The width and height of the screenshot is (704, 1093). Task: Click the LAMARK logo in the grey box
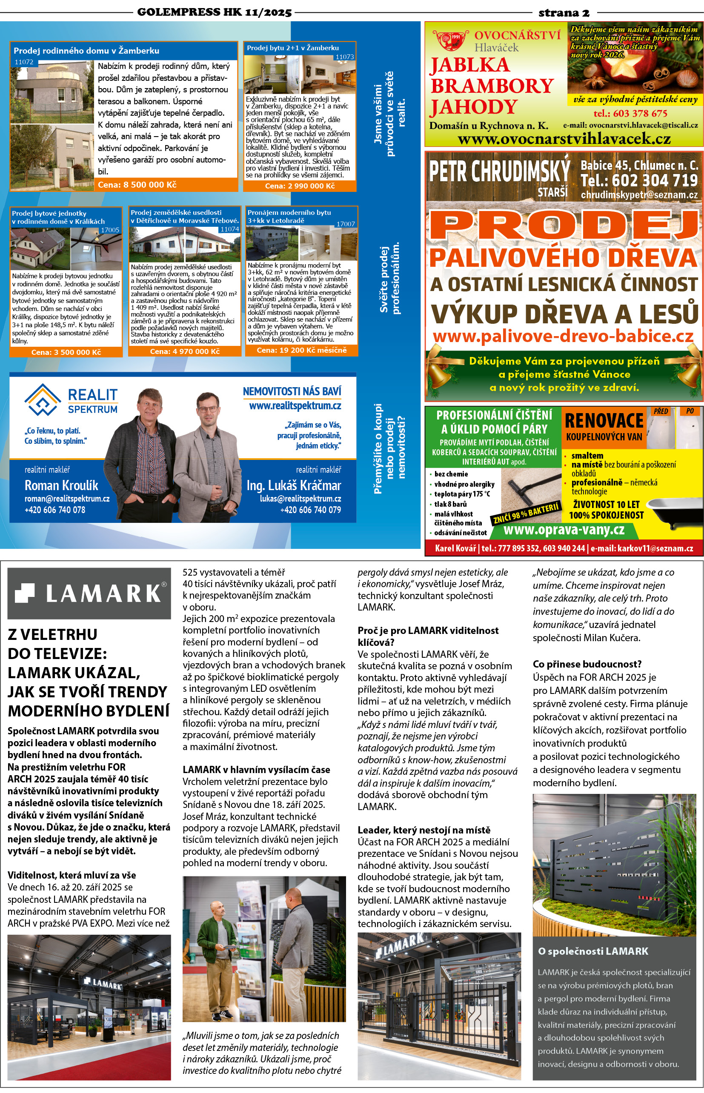89,593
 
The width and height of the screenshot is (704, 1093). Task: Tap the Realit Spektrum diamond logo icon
43,400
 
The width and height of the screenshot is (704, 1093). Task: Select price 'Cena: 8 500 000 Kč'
137,185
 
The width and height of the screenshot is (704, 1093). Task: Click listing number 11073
345,57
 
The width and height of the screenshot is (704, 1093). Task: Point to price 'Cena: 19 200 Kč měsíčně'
302,350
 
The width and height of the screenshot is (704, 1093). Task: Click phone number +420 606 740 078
55,510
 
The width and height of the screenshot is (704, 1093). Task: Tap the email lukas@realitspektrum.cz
300,499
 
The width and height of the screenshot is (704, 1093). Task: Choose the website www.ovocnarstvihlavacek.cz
564,138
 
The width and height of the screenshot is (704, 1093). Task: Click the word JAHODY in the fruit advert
473,107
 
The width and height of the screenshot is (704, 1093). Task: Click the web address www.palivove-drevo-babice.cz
563,336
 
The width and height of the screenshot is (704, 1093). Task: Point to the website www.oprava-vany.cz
564,530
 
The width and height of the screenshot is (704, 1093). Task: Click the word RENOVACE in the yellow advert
604,420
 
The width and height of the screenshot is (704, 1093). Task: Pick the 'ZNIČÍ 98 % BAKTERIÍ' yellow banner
526,514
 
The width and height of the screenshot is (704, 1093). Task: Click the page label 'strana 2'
564,13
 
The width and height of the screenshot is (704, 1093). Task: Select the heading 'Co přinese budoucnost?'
587,664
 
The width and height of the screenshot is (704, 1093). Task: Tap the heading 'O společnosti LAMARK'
593,951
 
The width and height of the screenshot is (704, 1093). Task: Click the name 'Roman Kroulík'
61,485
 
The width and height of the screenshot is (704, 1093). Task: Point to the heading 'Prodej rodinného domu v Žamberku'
86,51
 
